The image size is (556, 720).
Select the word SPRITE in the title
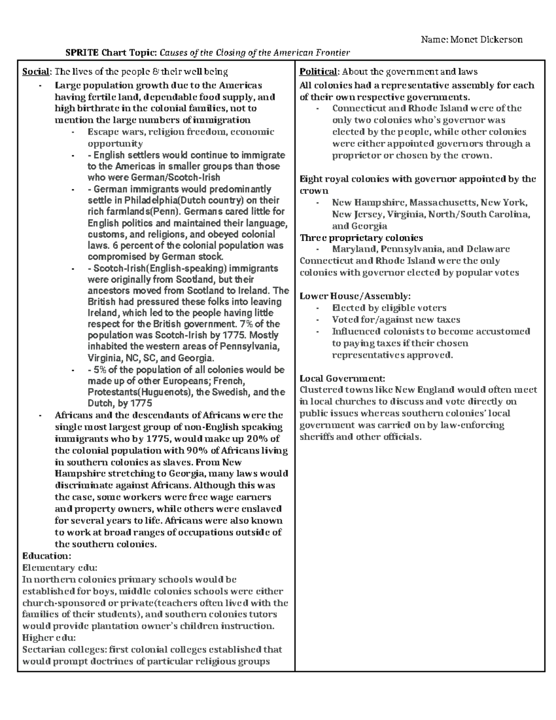[x=82, y=52]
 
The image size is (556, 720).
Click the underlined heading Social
[x=36, y=72]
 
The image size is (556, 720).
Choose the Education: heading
[x=46, y=556]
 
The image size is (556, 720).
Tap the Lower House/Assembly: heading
[x=355, y=296]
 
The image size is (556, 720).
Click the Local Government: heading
[x=342, y=378]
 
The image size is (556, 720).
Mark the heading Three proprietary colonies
[x=361, y=238]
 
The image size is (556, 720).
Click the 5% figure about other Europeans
[x=102, y=370]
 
